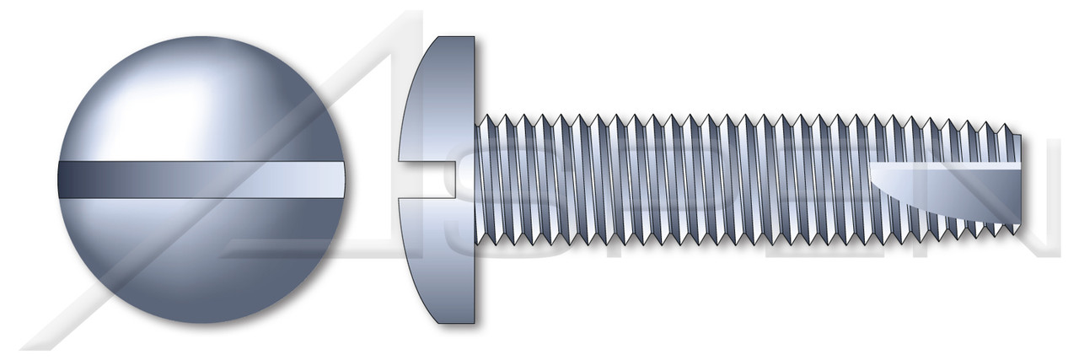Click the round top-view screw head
pyautogui.click(x=202, y=180)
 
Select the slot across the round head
pyautogui.click(x=202, y=179)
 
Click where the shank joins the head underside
pyautogui.click(x=476, y=179)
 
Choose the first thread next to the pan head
pyautogui.click(x=484, y=179)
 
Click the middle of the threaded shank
pyautogui.click(x=742, y=179)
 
